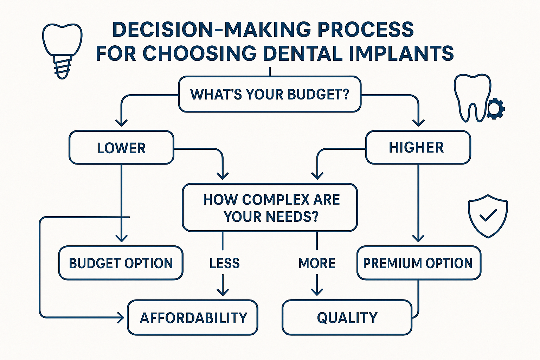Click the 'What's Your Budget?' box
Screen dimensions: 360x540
point(270,94)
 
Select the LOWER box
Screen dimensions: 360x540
point(121,148)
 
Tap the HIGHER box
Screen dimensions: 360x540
point(418,147)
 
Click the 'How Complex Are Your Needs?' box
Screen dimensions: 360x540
point(270,208)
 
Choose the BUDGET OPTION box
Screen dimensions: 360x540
point(121,263)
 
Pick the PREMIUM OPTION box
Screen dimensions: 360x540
point(418,263)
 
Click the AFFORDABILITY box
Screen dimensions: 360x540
point(193,317)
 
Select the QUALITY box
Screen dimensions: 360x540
point(347,317)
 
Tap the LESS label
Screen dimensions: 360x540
point(224,263)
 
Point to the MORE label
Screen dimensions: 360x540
point(317,263)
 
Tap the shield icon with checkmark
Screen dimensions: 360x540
point(488,216)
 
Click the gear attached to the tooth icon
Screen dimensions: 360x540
point(496,109)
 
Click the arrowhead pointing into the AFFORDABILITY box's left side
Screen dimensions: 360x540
point(121,318)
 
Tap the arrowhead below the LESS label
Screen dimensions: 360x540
point(223,291)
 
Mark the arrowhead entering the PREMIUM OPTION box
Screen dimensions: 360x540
point(418,238)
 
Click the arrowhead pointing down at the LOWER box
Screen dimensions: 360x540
point(121,122)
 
